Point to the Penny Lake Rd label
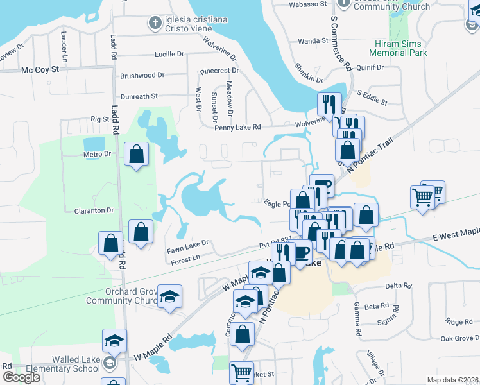click(x=237, y=127)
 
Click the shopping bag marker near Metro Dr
click(x=136, y=155)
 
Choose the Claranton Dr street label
click(x=94, y=210)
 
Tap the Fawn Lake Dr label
click(x=188, y=243)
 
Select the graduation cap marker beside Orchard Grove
click(x=169, y=296)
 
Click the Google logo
click(x=21, y=377)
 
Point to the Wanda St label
click(x=313, y=40)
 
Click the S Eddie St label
click(x=373, y=98)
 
